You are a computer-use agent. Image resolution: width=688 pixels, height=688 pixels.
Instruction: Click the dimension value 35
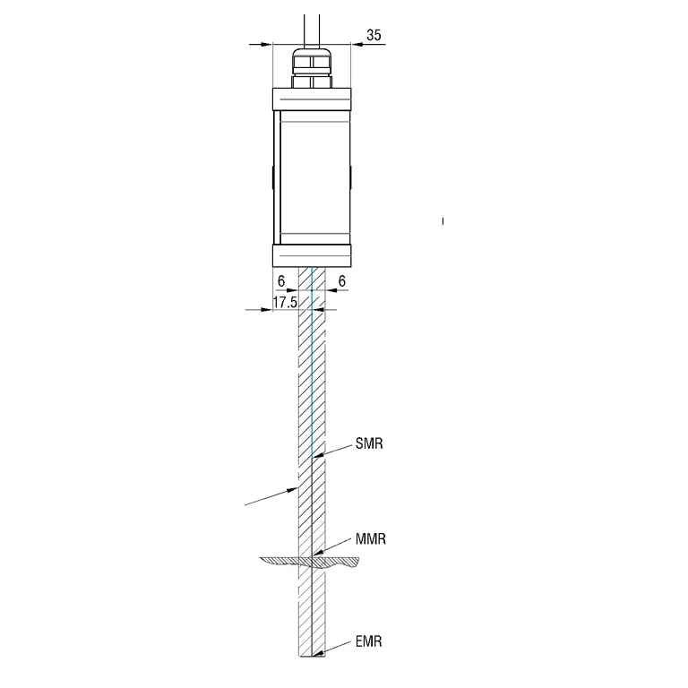tap(374, 35)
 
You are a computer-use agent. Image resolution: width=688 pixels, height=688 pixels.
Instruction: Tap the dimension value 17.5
tap(285, 302)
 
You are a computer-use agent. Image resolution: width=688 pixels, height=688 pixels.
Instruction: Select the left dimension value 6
tap(281, 280)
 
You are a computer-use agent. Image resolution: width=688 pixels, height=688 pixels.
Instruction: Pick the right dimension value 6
tap(342, 280)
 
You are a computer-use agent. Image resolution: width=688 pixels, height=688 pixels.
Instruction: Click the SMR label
tap(369, 443)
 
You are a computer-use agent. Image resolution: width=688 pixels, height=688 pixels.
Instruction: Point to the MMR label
tap(371, 538)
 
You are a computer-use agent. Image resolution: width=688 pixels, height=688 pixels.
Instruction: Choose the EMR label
tap(368, 641)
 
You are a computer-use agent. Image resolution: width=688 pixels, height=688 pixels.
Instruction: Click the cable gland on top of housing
tap(312, 68)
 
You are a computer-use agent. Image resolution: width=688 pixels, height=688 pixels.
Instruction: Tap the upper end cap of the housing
tap(312, 99)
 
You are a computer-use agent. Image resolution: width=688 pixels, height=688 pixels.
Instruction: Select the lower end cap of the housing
tap(312, 256)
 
